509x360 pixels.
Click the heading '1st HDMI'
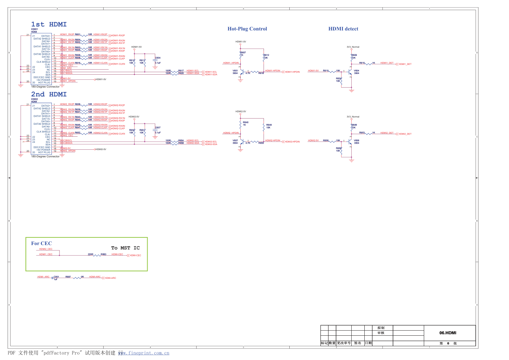click(x=49, y=24)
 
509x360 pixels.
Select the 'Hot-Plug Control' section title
click(x=247, y=29)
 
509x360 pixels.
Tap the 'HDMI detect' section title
click(x=343, y=29)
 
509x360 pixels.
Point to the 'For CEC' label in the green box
click(x=41, y=243)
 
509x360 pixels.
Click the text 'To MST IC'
click(x=125, y=248)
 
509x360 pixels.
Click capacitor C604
click(x=155, y=60)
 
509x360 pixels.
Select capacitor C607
click(x=155, y=130)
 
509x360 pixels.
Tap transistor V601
click(x=241, y=72)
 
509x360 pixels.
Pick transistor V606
click(x=350, y=142)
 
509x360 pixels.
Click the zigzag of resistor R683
click(x=97, y=255)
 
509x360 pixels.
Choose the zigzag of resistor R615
click(x=368, y=64)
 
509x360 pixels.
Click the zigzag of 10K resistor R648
click(x=264, y=127)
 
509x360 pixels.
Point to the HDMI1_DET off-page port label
click(x=405, y=64)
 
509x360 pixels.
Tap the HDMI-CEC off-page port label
click(x=135, y=256)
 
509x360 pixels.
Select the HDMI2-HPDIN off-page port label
click(x=292, y=142)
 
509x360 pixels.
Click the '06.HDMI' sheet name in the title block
click(x=448, y=333)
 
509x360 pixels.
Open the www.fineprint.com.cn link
click(x=144, y=353)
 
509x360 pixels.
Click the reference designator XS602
click(x=34, y=99)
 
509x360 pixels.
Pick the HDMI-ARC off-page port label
click(x=110, y=278)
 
